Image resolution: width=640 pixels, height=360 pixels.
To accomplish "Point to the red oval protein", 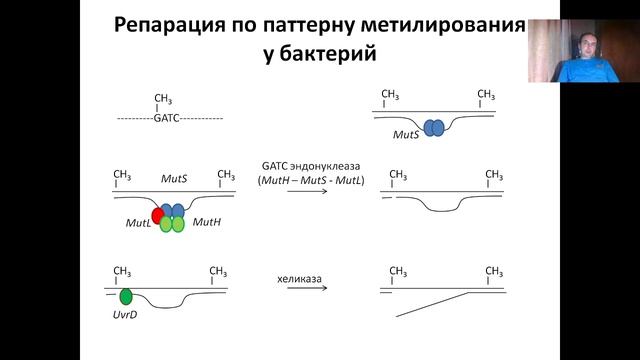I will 158,215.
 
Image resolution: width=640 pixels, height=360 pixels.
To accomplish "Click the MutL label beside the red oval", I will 138,227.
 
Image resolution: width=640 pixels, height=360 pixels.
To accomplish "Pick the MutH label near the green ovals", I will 206,222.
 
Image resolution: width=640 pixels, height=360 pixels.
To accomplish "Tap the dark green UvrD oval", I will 126,297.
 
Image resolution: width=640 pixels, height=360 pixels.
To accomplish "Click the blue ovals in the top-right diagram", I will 435,128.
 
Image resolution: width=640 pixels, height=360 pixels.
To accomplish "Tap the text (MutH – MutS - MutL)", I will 310,179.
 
